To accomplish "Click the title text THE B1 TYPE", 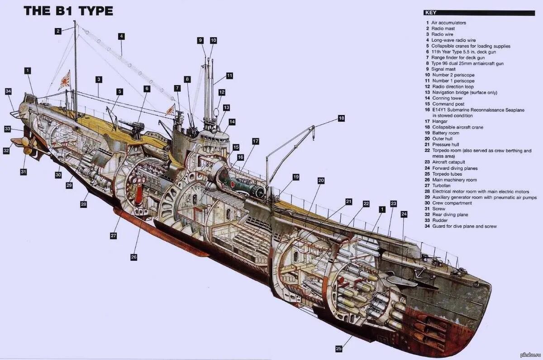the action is (x=68, y=11).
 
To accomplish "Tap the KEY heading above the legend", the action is (x=431, y=13).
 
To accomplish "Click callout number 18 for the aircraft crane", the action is (x=341, y=118).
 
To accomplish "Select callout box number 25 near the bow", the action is (x=339, y=348).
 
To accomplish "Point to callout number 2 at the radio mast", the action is (x=58, y=31).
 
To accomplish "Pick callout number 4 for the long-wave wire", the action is (x=121, y=36).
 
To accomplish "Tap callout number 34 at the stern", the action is (x=8, y=91).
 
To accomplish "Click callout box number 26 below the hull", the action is (x=133, y=257).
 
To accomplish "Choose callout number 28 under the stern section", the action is (x=84, y=204).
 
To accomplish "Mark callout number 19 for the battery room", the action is (x=296, y=177).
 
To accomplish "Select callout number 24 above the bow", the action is (x=404, y=214).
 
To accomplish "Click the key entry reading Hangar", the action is (x=439, y=121).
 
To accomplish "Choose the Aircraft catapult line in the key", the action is (x=448, y=162).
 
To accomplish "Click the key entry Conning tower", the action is (x=447, y=98).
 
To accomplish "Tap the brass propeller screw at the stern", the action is (x=26, y=146).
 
